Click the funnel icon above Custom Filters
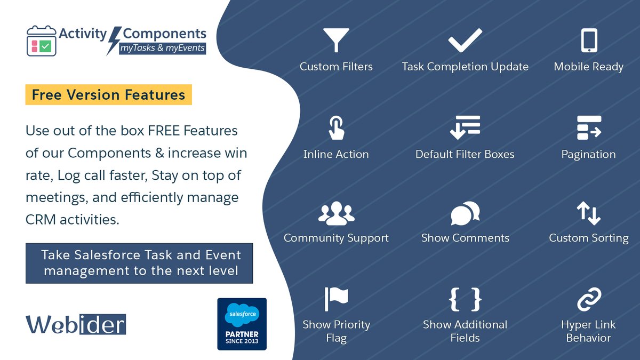[336, 41]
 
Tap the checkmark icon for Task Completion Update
[465, 41]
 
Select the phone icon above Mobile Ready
[589, 41]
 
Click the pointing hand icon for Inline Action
[336, 128]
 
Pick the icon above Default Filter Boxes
[465, 128]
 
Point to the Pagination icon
[589, 128]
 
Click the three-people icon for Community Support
[336, 213]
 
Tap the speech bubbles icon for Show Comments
[465, 213]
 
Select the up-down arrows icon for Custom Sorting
[589, 213]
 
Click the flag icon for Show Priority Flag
[336, 299]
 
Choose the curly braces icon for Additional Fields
[465, 299]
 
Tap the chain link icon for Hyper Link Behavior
[589, 299]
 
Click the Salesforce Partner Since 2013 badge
[242, 324]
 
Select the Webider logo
[75, 324]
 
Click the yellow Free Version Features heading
[108, 95]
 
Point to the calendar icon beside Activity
[41, 41]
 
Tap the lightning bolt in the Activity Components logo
[114, 41]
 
